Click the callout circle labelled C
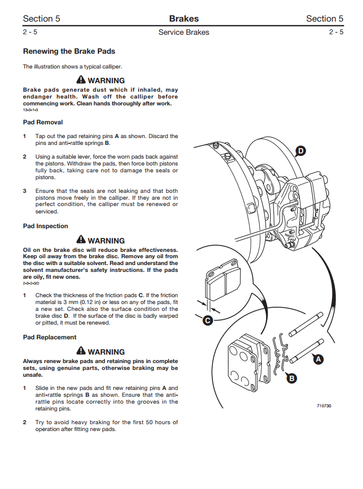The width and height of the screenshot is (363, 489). (x=208, y=320)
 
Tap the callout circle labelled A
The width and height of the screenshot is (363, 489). (x=318, y=359)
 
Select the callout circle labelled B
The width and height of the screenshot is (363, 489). (x=291, y=378)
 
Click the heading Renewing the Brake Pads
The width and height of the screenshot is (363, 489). (x=69, y=52)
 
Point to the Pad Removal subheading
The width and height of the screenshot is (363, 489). (x=43, y=122)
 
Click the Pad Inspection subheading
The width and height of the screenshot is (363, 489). (x=45, y=226)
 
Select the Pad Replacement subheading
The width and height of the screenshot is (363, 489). (x=50, y=337)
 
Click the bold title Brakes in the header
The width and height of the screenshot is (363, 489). (x=184, y=19)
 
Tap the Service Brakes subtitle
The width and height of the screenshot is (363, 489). (x=184, y=33)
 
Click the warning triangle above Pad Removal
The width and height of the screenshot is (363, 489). (x=81, y=80)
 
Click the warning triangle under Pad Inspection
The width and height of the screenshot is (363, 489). (x=81, y=240)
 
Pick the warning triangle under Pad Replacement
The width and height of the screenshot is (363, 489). (x=81, y=351)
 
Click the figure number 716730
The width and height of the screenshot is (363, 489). (x=324, y=406)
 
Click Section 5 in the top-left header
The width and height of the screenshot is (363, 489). (x=42, y=19)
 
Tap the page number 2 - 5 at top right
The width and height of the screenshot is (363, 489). (x=336, y=33)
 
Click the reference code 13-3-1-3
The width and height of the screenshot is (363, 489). (x=31, y=110)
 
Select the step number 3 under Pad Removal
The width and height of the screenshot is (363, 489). (x=25, y=191)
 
